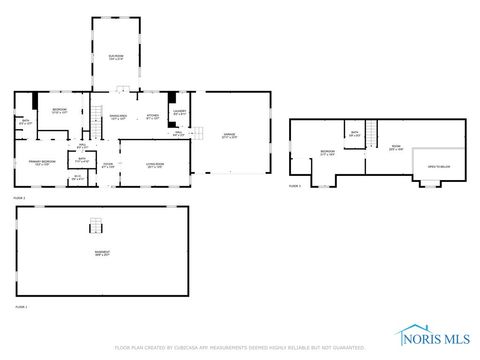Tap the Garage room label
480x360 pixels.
pyautogui.click(x=229, y=136)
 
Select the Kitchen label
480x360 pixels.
pyautogui.click(x=152, y=117)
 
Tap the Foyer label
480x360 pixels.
pyautogui.click(x=108, y=166)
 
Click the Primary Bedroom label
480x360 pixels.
pyautogui.click(x=41, y=163)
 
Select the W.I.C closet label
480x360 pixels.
pyautogui.click(x=77, y=178)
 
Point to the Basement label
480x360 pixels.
pyautogui.click(x=102, y=253)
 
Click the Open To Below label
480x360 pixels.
pyautogui.click(x=438, y=167)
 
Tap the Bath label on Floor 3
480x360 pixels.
pyautogui.click(x=355, y=133)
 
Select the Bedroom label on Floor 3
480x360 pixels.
pyautogui.click(x=326, y=153)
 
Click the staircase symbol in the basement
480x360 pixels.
pyautogui.click(x=97, y=225)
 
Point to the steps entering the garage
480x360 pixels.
pyautogui.click(x=198, y=133)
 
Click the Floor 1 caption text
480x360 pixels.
pyautogui.click(x=20, y=306)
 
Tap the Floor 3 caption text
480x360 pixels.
pyautogui.click(x=295, y=186)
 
